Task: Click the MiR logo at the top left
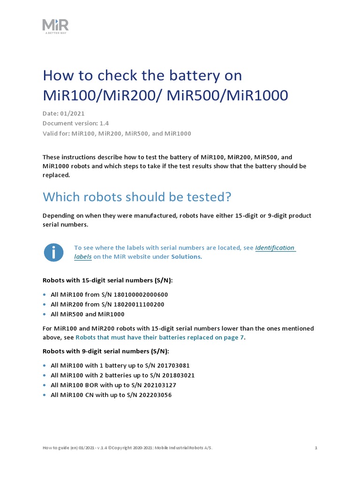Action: pyautogui.click(x=56, y=25)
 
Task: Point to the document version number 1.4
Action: pyautogui.click(x=104, y=123)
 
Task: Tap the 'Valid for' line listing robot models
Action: pyautogui.click(x=117, y=133)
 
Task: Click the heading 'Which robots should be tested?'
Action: pyautogui.click(x=137, y=197)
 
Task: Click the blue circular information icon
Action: pyautogui.click(x=53, y=252)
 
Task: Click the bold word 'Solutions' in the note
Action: pyautogui.click(x=186, y=256)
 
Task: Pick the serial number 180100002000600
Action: pyautogui.click(x=141, y=294)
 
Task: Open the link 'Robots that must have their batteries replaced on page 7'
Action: pyautogui.click(x=160, y=337)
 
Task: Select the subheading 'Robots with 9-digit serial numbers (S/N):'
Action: pyautogui.click(x=105, y=351)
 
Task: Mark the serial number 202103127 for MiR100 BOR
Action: pyautogui.click(x=158, y=385)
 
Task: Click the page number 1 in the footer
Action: pyautogui.click(x=316, y=448)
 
